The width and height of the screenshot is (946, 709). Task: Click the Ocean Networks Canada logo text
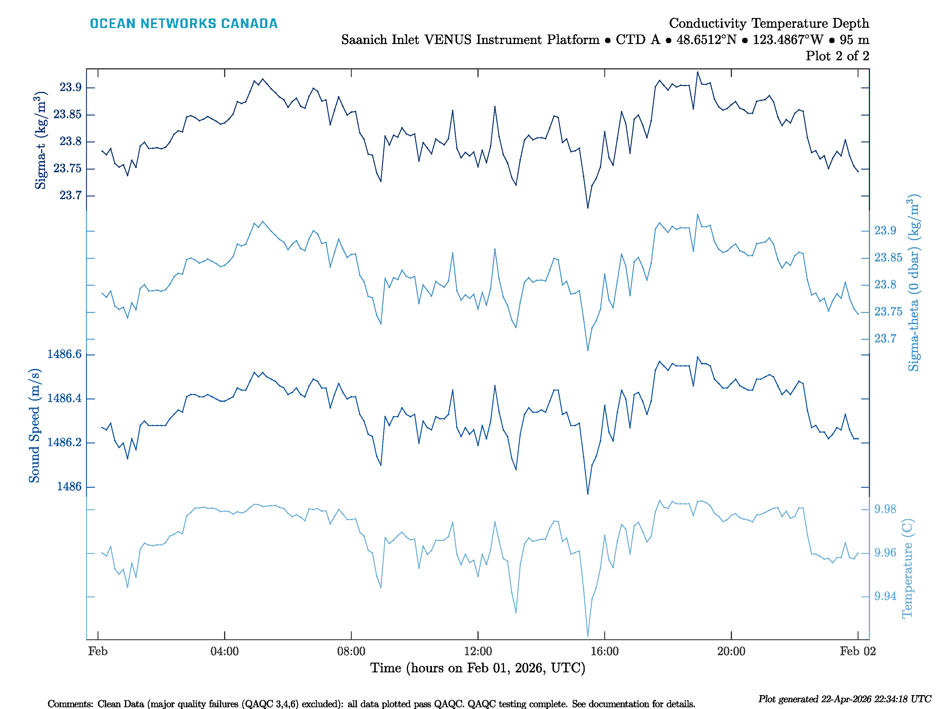pyautogui.click(x=184, y=24)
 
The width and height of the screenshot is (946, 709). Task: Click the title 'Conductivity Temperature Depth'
pyautogui.click(x=769, y=23)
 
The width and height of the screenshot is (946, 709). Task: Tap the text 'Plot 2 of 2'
pyautogui.click(x=837, y=56)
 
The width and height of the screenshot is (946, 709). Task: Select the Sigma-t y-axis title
pyautogui.click(x=41, y=140)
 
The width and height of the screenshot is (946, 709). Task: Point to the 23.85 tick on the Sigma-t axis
pyautogui.click(x=67, y=115)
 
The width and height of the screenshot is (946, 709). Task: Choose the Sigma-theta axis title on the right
pyautogui.click(x=913, y=283)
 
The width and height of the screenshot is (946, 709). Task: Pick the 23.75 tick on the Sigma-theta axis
pyautogui.click(x=888, y=312)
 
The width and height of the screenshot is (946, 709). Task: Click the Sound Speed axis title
pyautogui.click(x=34, y=425)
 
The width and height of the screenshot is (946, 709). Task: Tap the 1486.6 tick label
pyautogui.click(x=64, y=354)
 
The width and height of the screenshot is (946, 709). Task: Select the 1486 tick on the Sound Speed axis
pyautogui.click(x=69, y=486)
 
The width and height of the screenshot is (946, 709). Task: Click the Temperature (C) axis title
pyautogui.click(x=907, y=568)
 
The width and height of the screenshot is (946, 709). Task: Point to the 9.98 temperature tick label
pyautogui.click(x=885, y=509)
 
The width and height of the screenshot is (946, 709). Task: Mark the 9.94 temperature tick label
pyautogui.click(x=885, y=596)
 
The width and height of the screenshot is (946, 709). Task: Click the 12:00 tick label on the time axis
pyautogui.click(x=478, y=651)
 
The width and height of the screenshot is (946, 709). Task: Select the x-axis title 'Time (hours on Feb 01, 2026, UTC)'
pyautogui.click(x=478, y=668)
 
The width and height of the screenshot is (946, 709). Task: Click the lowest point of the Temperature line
pyautogui.click(x=588, y=636)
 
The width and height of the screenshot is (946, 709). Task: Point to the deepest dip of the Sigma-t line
pyautogui.click(x=588, y=208)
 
